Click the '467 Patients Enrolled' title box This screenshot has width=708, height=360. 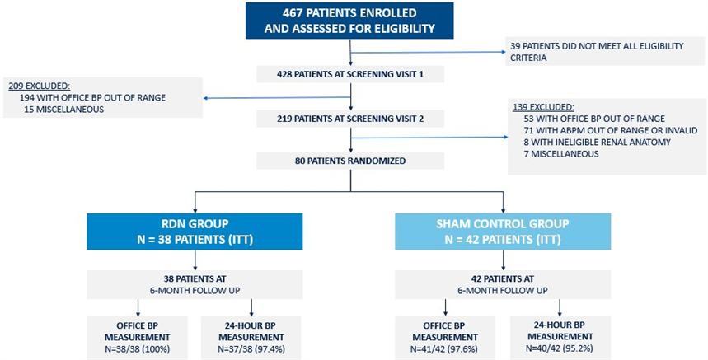(x=349, y=21)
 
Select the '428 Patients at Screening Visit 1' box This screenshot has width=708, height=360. (x=350, y=74)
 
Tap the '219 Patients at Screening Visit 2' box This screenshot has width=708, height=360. (x=350, y=119)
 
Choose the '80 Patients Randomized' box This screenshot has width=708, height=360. (x=350, y=161)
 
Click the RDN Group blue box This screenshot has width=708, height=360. (x=195, y=231)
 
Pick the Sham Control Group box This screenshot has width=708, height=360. (x=503, y=231)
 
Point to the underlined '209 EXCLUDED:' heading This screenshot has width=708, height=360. (x=40, y=86)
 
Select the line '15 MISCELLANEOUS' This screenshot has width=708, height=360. (x=64, y=110)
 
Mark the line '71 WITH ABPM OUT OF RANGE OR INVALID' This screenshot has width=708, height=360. (x=611, y=130)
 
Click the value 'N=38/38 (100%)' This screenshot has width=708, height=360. (x=138, y=349)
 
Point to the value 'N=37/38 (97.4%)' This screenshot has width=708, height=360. (x=251, y=349)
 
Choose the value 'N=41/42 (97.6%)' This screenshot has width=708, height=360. (x=445, y=349)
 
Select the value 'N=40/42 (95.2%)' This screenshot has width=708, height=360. (x=560, y=348)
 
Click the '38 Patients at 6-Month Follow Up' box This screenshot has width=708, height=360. (x=195, y=284)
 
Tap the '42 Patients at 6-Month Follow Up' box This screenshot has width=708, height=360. (x=503, y=284)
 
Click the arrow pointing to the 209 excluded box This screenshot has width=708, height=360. (x=277, y=97)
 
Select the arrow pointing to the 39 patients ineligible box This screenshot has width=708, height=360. (x=428, y=53)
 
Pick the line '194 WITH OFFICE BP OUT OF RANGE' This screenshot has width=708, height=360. (x=92, y=97)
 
